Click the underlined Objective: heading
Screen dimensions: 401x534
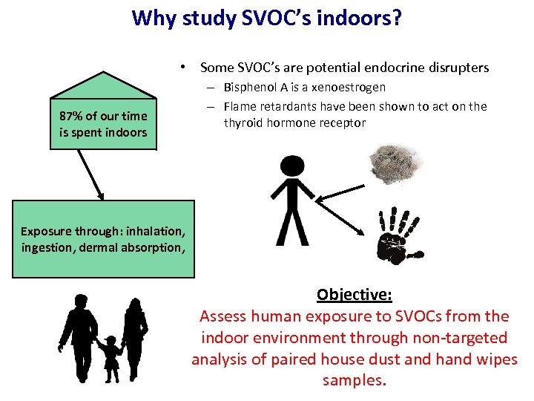[x=354, y=294]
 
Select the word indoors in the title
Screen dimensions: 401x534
[x=363, y=17]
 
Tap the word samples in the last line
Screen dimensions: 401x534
[x=353, y=381]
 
